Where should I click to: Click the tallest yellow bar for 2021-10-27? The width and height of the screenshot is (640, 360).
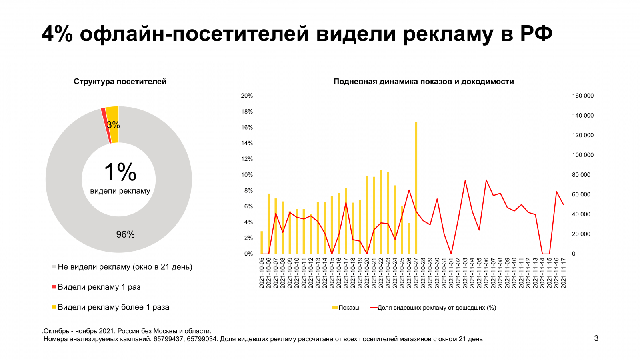(416, 188)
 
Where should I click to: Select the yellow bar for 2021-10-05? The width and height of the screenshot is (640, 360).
(262, 243)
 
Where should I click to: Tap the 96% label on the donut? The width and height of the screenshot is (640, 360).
(125, 234)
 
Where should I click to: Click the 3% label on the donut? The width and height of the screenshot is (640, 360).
(114, 125)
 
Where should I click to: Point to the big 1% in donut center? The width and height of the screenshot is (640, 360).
(120, 172)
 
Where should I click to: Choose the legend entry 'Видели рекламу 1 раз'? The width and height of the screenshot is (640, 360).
(99, 287)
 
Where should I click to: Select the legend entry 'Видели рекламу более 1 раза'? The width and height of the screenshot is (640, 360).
(113, 307)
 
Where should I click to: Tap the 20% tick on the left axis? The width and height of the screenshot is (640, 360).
(247, 96)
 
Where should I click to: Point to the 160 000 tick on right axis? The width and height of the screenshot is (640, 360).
(583, 96)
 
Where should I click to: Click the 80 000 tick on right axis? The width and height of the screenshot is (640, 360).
(581, 175)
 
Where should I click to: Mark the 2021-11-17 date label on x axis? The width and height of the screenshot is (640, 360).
(564, 273)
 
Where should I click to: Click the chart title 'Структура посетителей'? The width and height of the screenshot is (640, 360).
(120, 82)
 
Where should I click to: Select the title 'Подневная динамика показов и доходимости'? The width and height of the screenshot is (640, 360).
(424, 82)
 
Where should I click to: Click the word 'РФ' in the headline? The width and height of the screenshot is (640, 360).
(536, 34)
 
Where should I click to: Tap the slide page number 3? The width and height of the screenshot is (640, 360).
(596, 338)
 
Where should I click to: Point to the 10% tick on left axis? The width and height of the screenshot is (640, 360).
(247, 175)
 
